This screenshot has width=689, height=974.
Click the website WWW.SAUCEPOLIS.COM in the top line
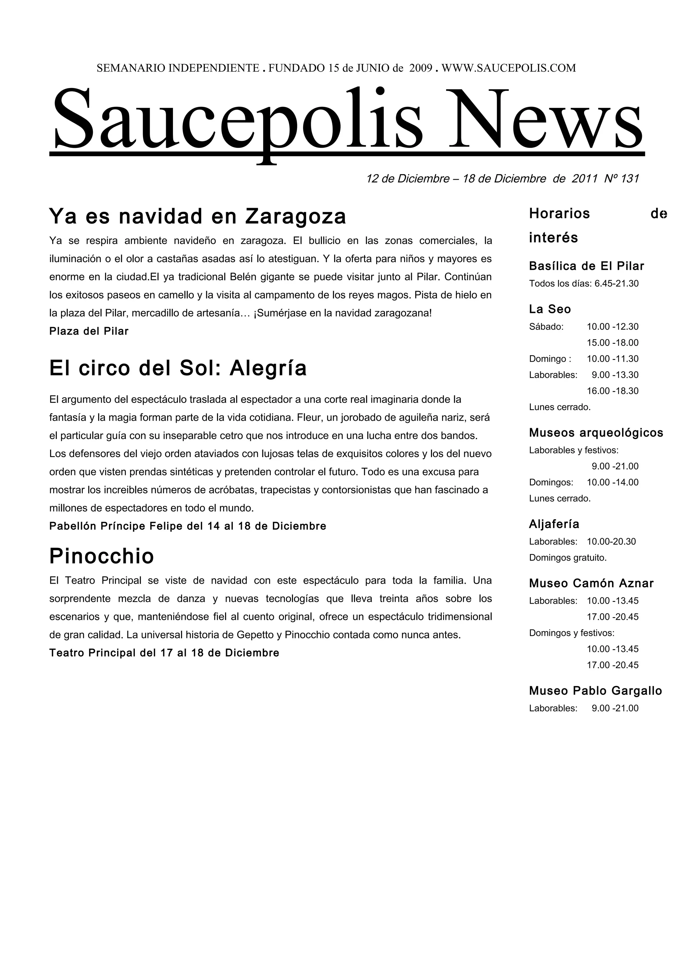tap(509, 68)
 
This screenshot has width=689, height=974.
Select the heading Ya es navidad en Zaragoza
tap(197, 216)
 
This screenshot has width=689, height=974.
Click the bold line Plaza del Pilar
tap(89, 331)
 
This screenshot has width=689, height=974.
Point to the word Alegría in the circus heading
tap(268, 368)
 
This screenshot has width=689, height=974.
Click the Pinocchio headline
tap(102, 556)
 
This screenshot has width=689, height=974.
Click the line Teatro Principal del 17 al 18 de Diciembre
tap(164, 653)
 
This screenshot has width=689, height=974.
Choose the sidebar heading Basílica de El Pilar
tap(586, 267)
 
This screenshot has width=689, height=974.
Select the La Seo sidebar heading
tap(550, 309)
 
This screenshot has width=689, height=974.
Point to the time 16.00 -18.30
tap(613, 391)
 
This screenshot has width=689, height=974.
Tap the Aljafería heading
tap(554, 524)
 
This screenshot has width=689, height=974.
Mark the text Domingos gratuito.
tap(568, 558)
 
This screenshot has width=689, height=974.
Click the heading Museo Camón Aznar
tap(591, 584)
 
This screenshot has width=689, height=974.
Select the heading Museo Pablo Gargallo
tap(595, 691)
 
